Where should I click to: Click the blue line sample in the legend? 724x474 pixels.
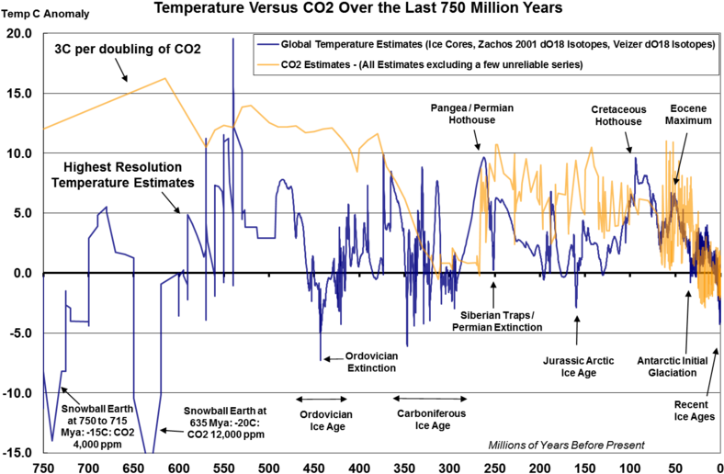click(x=268, y=44)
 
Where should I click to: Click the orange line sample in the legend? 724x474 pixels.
click(x=268, y=64)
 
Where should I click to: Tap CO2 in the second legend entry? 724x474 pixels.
click(x=293, y=64)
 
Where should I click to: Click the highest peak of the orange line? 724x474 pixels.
click(x=165, y=78)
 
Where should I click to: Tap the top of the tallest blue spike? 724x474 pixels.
click(x=232, y=39)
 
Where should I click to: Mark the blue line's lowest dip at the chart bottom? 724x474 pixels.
click(x=149, y=451)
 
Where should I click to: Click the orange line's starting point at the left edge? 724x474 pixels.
click(x=45, y=128)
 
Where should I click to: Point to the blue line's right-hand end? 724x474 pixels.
click(x=720, y=324)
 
